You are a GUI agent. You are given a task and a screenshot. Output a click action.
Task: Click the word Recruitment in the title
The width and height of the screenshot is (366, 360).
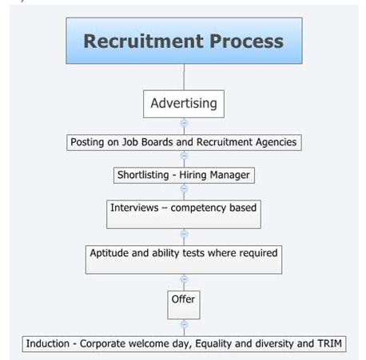(144, 42)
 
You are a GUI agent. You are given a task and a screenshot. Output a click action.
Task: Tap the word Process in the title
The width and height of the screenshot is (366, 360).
(247, 42)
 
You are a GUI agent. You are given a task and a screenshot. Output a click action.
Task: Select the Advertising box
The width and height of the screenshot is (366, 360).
(184, 104)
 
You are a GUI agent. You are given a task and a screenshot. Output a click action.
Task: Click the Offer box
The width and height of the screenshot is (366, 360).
(184, 305)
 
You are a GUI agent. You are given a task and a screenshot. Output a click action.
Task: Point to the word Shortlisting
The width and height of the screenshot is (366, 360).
(143, 175)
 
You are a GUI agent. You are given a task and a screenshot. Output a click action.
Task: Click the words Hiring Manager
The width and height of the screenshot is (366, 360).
(214, 175)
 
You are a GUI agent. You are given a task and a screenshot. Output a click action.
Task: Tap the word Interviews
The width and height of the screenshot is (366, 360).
(134, 208)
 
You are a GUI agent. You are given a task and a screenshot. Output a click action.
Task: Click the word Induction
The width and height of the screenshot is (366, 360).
(48, 343)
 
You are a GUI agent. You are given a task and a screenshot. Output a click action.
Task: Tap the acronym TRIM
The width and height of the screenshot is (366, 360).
(329, 343)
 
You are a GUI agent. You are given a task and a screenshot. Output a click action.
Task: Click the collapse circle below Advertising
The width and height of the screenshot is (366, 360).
(184, 123)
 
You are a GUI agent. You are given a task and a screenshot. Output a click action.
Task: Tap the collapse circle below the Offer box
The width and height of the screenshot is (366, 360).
(184, 325)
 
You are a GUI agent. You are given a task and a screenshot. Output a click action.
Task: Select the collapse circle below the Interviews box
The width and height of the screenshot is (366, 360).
(184, 234)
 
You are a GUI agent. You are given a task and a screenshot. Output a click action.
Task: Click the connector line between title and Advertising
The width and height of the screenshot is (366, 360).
(184, 77)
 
